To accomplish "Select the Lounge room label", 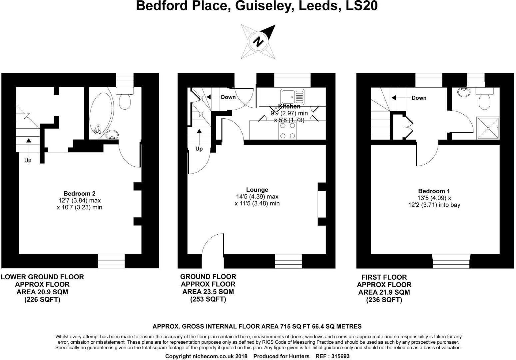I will (x=257, y=190).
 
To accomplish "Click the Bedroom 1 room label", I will (x=434, y=191).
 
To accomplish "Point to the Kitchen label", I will (x=289, y=106).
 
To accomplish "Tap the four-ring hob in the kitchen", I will (x=287, y=130).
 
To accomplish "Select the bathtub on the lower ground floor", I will (x=101, y=113).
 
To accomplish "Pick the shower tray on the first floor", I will (x=488, y=128).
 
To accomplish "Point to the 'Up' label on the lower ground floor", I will (x=28, y=161).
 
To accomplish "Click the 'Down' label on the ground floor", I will (x=228, y=97).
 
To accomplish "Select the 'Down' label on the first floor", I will (x=419, y=98).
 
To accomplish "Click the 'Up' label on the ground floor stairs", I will (x=199, y=149).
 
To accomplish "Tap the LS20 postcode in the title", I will (x=361, y=6).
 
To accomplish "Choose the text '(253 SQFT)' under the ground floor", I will (x=208, y=299).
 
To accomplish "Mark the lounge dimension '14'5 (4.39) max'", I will (x=257, y=197).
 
